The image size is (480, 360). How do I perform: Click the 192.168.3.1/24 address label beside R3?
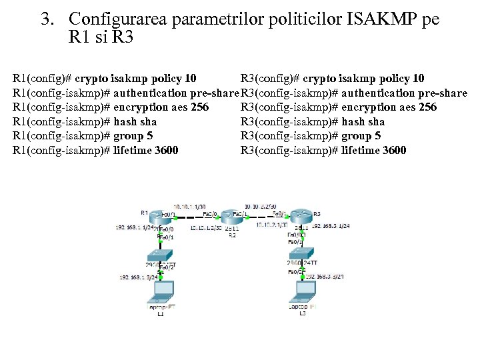coord(331,227)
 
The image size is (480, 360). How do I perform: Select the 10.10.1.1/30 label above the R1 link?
coord(189,206)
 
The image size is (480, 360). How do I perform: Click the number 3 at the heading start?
coord(47,19)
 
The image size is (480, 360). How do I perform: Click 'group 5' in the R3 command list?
coord(361,136)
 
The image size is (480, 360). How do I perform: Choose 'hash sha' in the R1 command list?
coord(135,121)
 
